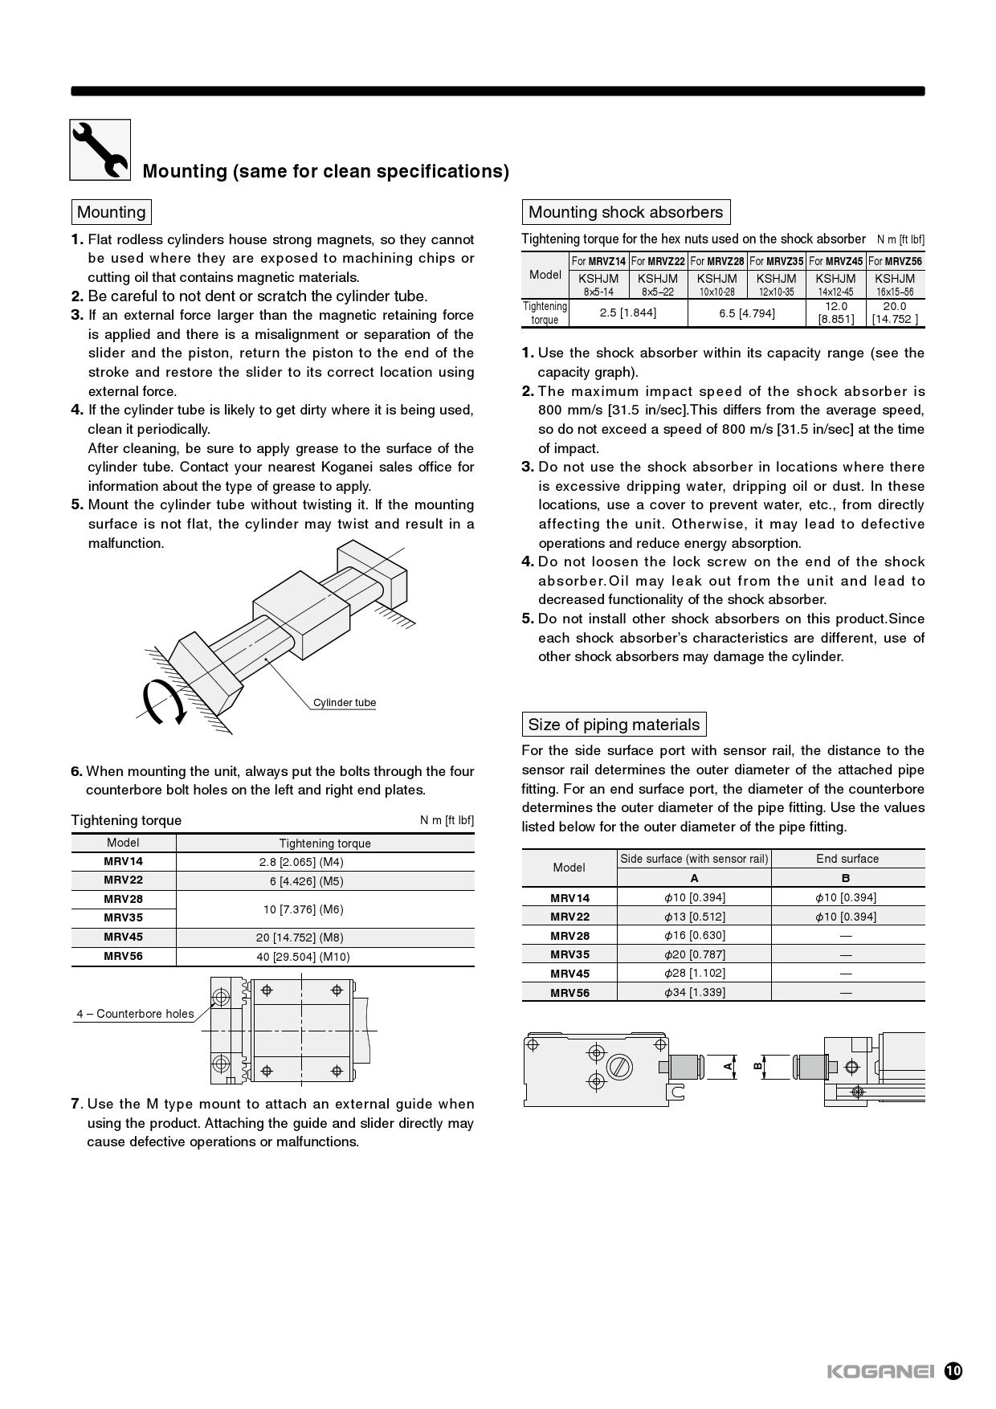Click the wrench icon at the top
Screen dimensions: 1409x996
click(x=100, y=149)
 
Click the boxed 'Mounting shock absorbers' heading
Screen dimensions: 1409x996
click(x=626, y=212)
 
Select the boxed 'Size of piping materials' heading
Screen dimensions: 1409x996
click(x=614, y=725)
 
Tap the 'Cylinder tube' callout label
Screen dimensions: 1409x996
click(x=345, y=703)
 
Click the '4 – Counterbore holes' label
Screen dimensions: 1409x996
click(x=135, y=1014)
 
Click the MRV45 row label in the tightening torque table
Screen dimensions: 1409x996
click(x=123, y=937)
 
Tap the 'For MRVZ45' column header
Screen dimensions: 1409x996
click(x=835, y=261)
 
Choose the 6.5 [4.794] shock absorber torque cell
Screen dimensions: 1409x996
click(x=747, y=312)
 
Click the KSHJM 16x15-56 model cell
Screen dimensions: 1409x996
click(x=895, y=284)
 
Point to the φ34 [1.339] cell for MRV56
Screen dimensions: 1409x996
click(x=694, y=992)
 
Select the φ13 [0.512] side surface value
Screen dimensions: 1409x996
click(x=694, y=917)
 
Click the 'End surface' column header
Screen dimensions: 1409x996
click(x=847, y=859)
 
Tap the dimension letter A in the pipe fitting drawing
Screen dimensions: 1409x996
click(x=729, y=1066)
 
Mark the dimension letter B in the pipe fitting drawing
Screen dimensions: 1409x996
click(x=757, y=1066)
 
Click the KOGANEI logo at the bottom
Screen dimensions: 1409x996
click(x=880, y=1371)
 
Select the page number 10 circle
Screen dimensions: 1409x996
click(x=953, y=1371)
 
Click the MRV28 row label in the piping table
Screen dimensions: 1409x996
click(x=569, y=936)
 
